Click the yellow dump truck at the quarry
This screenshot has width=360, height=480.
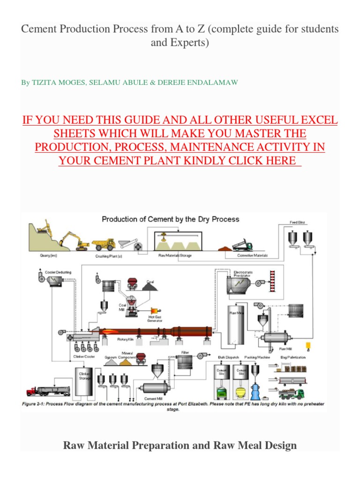tap(103, 244)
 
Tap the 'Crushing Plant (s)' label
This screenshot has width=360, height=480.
tap(109, 256)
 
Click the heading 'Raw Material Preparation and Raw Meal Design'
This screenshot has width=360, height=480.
tap(180, 445)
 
